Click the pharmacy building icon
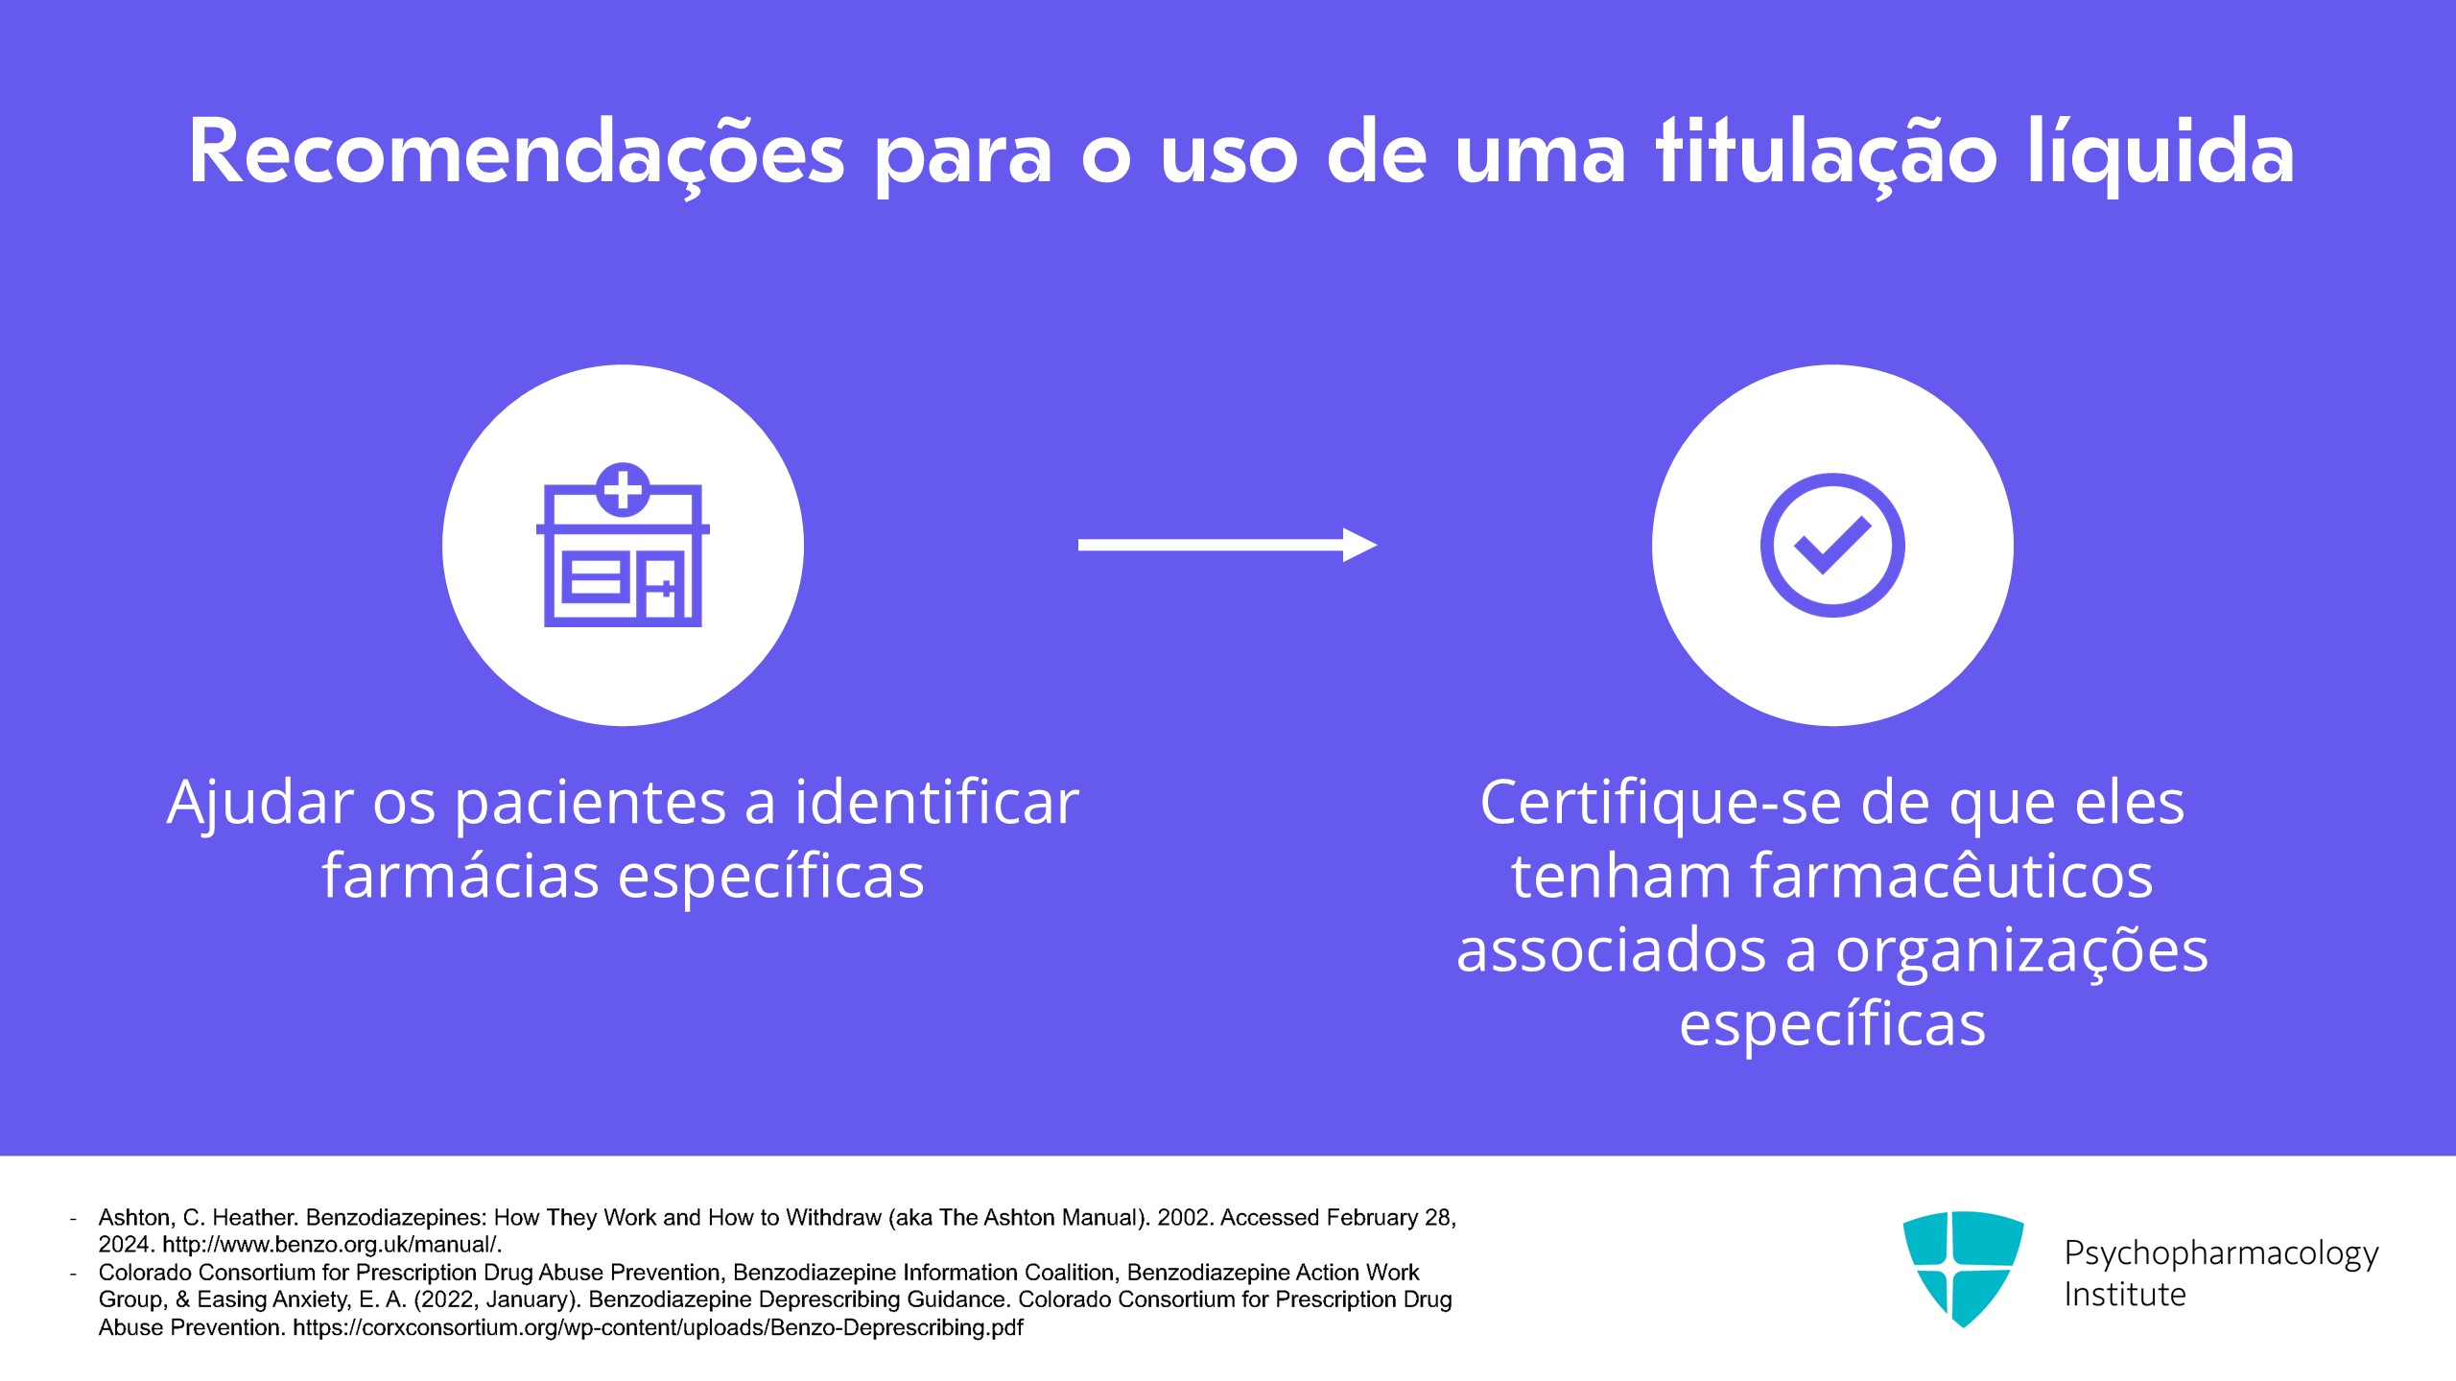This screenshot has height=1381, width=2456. [623, 545]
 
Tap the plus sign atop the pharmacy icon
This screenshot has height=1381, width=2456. [623, 489]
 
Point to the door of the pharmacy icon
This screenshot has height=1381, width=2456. [664, 586]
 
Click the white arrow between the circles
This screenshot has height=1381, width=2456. [1228, 545]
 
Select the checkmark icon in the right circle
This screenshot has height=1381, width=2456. [1832, 545]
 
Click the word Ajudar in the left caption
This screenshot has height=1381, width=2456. [260, 804]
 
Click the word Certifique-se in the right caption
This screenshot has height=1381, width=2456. [1660, 804]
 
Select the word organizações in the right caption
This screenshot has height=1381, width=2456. [2022, 952]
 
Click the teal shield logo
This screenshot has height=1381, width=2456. [1963, 1269]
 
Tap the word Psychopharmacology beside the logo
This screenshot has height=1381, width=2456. [2222, 1253]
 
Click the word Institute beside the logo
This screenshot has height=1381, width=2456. [2125, 1295]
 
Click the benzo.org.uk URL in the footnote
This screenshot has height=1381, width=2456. [331, 1245]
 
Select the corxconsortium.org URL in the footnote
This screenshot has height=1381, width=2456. [658, 1328]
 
